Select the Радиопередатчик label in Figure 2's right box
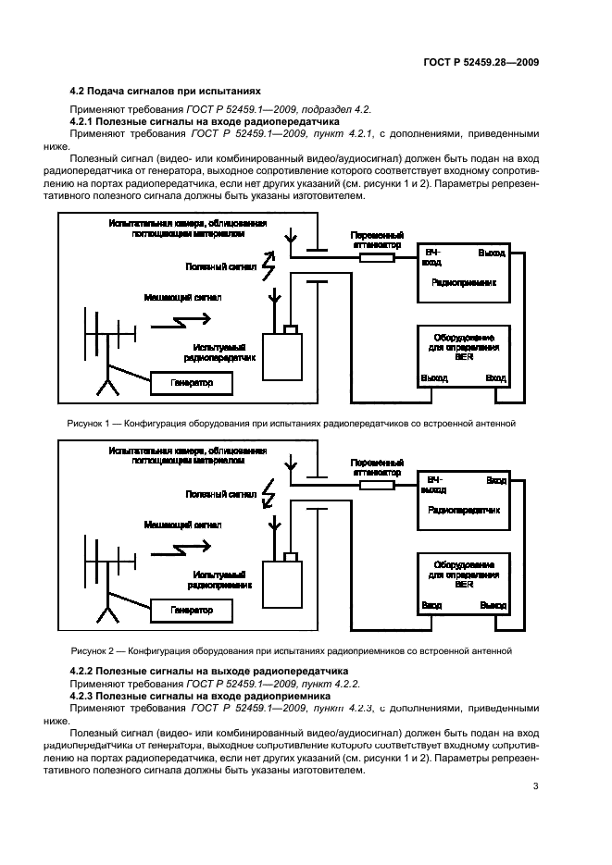(464, 510)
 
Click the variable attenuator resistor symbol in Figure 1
(378, 259)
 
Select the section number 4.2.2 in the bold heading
(84, 668)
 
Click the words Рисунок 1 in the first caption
(90, 423)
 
